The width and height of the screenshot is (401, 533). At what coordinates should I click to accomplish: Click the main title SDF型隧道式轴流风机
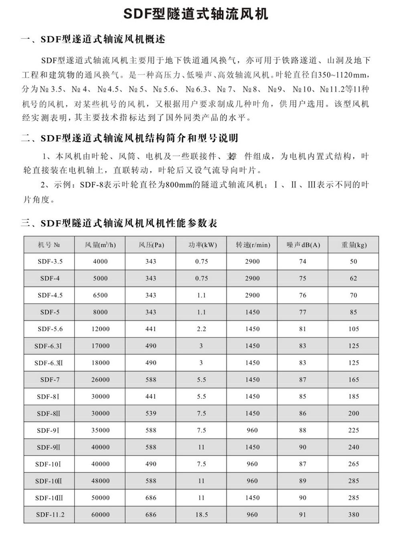195,14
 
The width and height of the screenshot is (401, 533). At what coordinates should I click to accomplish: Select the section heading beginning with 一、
93,39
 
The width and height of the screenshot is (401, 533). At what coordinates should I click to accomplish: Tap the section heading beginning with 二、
129,138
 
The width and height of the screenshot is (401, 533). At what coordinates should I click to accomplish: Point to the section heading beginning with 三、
119,223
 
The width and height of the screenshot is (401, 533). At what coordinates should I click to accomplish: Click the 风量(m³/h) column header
100,245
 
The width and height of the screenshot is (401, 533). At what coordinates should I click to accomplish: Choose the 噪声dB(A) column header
303,245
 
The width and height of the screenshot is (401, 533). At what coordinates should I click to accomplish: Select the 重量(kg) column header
353,245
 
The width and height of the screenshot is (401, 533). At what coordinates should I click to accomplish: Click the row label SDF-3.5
50,261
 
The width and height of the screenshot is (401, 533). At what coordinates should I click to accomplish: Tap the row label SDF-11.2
50,515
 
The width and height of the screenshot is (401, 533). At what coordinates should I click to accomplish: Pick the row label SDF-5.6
50,329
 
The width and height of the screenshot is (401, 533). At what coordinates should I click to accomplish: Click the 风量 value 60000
100,515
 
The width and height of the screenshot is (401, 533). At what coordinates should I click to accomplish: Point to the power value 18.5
201,515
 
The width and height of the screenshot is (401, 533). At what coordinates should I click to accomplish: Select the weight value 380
353,515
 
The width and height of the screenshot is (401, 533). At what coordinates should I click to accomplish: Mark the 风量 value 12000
100,329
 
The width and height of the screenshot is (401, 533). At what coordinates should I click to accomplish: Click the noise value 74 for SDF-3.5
303,261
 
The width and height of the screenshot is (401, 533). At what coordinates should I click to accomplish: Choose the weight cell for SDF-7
353,379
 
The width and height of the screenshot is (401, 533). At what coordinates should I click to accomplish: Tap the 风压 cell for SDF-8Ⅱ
151,413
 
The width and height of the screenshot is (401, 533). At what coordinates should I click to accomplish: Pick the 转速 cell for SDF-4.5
252,295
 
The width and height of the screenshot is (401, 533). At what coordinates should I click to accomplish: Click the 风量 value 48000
100,481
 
